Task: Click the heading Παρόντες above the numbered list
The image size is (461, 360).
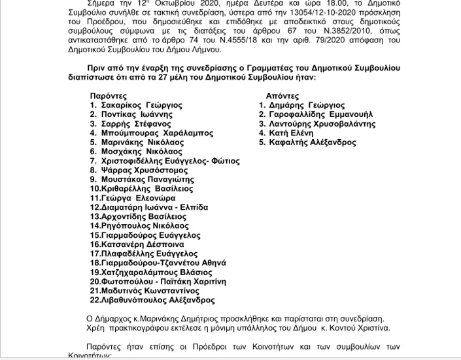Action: (x=109, y=95)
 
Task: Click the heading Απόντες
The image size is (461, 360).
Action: (x=282, y=95)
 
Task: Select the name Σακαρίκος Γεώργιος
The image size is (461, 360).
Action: (x=141, y=105)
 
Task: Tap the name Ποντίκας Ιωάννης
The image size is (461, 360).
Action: (x=136, y=114)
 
